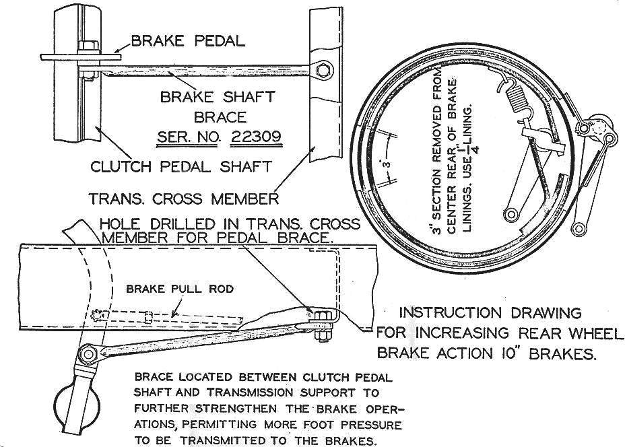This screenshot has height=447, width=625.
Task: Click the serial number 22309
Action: point(257,137)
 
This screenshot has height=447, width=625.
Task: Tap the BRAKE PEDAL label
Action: point(188,40)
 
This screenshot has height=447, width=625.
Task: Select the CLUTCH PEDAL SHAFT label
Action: point(181,166)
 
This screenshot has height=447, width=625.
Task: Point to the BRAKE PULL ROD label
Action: point(180,289)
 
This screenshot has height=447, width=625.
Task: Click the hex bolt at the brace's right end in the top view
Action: point(323,71)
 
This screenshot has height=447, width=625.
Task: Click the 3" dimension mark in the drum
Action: point(385,164)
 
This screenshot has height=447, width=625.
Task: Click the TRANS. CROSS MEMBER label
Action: point(183,199)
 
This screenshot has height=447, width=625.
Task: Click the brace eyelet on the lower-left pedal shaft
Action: point(88,353)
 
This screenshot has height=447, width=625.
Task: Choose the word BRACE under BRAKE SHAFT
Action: point(220,117)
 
